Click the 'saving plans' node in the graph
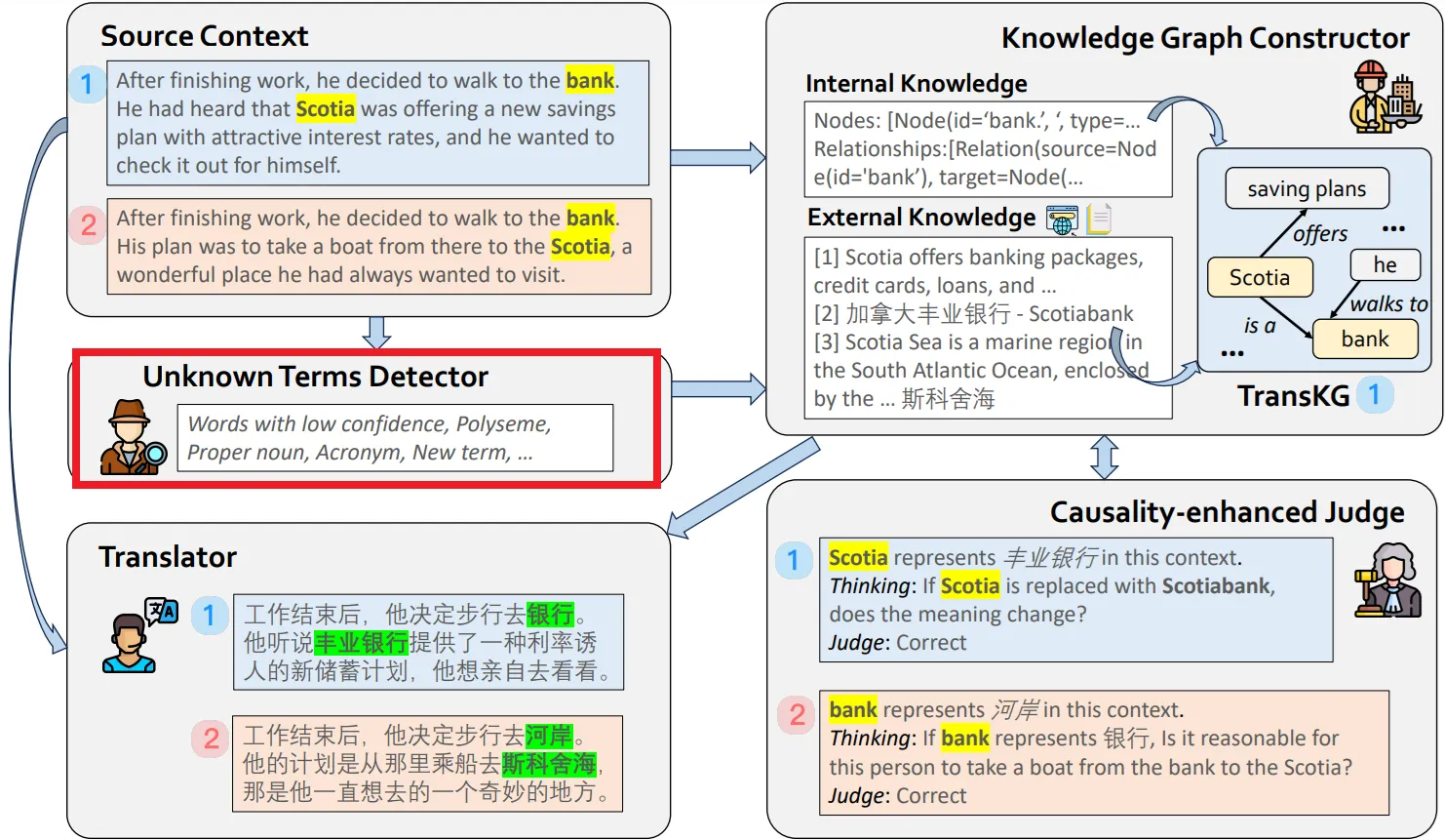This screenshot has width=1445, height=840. (x=1307, y=189)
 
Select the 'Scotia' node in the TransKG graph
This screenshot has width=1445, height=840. (x=1259, y=278)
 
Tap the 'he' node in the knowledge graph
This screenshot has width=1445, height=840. (x=1385, y=265)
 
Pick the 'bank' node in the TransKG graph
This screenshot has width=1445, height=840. (x=1364, y=340)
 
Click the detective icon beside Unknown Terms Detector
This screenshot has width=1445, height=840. (x=132, y=438)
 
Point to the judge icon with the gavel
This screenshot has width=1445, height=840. (x=1387, y=581)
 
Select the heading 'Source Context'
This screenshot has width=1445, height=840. (x=204, y=36)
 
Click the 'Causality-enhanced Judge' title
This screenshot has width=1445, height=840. (x=1227, y=512)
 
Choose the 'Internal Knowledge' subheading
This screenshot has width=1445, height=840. (x=916, y=84)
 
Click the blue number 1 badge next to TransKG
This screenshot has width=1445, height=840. (x=1374, y=395)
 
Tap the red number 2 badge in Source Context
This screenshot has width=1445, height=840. (x=88, y=225)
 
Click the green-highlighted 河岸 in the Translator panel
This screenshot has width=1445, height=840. (x=549, y=736)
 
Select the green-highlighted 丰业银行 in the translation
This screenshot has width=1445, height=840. (x=361, y=643)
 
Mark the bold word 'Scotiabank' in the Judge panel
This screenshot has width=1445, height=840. (x=1215, y=586)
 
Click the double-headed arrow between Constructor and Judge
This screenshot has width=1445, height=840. (x=1104, y=457)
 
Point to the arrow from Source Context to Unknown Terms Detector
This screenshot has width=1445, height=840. (x=375, y=332)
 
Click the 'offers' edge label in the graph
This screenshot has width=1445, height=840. (x=1319, y=234)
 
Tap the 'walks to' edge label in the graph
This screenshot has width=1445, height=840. (x=1387, y=304)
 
